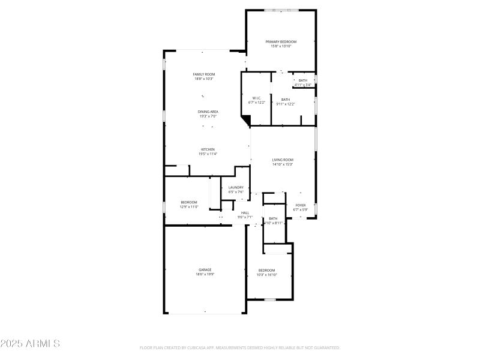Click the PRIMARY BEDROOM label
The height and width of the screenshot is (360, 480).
click(281, 41)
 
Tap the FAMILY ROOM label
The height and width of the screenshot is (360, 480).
click(204, 74)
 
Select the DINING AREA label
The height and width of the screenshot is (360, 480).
click(208, 112)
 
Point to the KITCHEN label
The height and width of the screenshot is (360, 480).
click(208, 149)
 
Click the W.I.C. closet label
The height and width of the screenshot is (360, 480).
click(256, 98)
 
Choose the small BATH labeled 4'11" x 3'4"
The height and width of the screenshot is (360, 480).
click(303, 80)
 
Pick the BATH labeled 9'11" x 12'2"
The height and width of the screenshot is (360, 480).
click(285, 100)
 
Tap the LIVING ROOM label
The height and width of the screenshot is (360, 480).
click(283, 160)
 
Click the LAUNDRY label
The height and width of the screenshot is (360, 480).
click(236, 187)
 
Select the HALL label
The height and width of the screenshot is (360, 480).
click(245, 212)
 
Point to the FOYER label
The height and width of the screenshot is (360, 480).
click(300, 205)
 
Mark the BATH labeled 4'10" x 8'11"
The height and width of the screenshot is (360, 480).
click(273, 218)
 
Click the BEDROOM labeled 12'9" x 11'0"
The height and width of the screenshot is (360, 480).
click(189, 202)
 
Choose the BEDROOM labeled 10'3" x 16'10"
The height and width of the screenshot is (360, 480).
click(266, 270)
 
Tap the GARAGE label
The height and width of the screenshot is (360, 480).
click(205, 270)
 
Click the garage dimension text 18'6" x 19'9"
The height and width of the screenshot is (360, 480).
click(205, 274)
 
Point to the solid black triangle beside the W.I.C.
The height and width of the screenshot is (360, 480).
click(245, 121)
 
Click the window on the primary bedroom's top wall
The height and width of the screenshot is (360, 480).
click(281, 10)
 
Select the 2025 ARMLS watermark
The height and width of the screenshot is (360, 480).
click(30, 344)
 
